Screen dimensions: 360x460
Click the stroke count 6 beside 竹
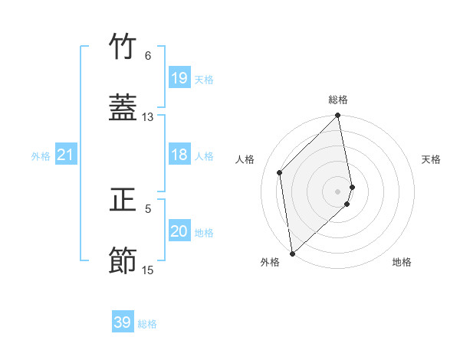148,56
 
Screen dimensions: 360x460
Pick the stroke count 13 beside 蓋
148,117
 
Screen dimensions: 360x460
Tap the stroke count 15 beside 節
148,270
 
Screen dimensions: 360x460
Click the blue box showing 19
179,78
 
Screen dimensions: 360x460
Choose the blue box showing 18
179,155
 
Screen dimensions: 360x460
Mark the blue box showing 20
179,232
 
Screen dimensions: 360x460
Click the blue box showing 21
66,155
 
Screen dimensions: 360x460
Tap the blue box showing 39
123,322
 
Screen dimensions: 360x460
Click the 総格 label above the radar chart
338,100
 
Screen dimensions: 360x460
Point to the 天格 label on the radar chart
431,159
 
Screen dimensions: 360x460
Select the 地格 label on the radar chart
402,262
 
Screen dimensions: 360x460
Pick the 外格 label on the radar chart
271,262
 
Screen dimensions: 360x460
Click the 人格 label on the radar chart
245,159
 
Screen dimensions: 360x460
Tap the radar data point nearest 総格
338,116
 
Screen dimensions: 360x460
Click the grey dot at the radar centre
338,191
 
